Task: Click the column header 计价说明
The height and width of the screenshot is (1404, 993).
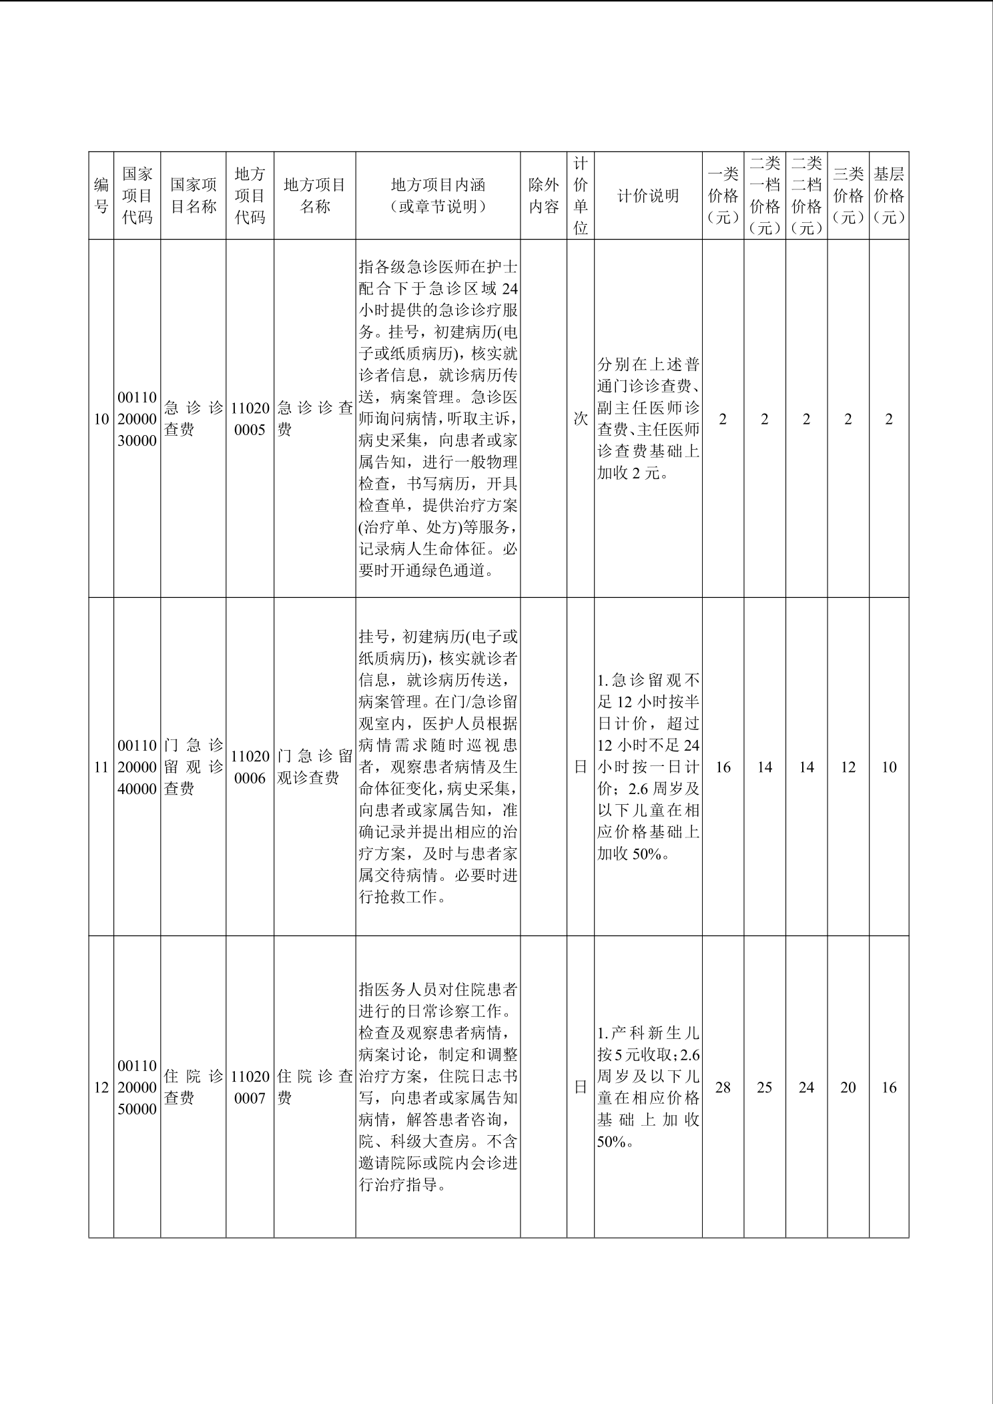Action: point(647,196)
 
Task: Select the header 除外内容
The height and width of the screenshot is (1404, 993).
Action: point(543,196)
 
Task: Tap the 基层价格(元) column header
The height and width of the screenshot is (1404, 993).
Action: point(888,196)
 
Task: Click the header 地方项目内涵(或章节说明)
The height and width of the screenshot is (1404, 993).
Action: point(438,196)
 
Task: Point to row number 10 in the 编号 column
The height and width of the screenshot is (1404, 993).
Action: point(101,419)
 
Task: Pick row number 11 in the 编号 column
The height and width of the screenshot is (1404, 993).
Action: point(101,767)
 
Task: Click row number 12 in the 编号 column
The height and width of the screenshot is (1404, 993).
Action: point(101,1088)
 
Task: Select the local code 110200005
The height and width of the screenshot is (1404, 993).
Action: point(250,419)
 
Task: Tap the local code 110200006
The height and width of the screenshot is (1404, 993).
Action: point(250,767)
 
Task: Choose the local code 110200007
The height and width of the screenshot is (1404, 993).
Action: point(250,1088)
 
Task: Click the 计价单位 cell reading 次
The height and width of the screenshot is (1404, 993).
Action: point(581,419)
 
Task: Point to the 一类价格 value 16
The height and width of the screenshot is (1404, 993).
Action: point(723,767)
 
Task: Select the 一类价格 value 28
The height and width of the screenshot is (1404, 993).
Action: point(723,1088)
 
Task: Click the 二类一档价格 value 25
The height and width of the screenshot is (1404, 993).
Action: point(764,1088)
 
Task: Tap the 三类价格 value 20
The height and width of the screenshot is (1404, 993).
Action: point(848,1088)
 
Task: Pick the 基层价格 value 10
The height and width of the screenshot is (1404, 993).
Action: point(888,767)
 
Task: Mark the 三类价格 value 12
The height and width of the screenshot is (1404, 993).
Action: point(848,767)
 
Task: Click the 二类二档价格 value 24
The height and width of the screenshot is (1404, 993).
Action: point(806,1088)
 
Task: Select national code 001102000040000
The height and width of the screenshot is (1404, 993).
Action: point(137,767)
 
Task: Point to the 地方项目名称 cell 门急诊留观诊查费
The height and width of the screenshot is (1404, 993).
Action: point(314,767)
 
